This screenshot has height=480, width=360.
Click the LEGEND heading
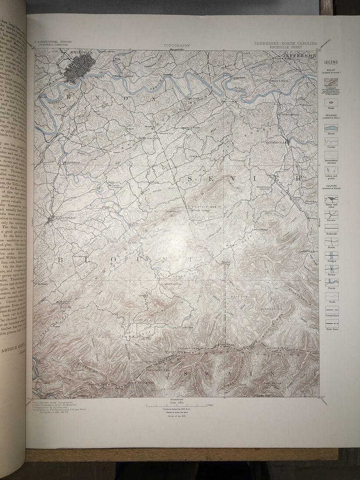[331, 62]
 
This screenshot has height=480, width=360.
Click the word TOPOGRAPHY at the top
[177, 45]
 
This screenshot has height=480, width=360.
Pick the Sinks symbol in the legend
[331, 102]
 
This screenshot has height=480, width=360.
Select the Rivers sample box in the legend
[331, 128]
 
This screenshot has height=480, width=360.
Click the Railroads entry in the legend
[331, 228]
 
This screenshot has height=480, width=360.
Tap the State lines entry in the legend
[331, 324]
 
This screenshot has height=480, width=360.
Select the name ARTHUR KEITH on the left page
[13, 350]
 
